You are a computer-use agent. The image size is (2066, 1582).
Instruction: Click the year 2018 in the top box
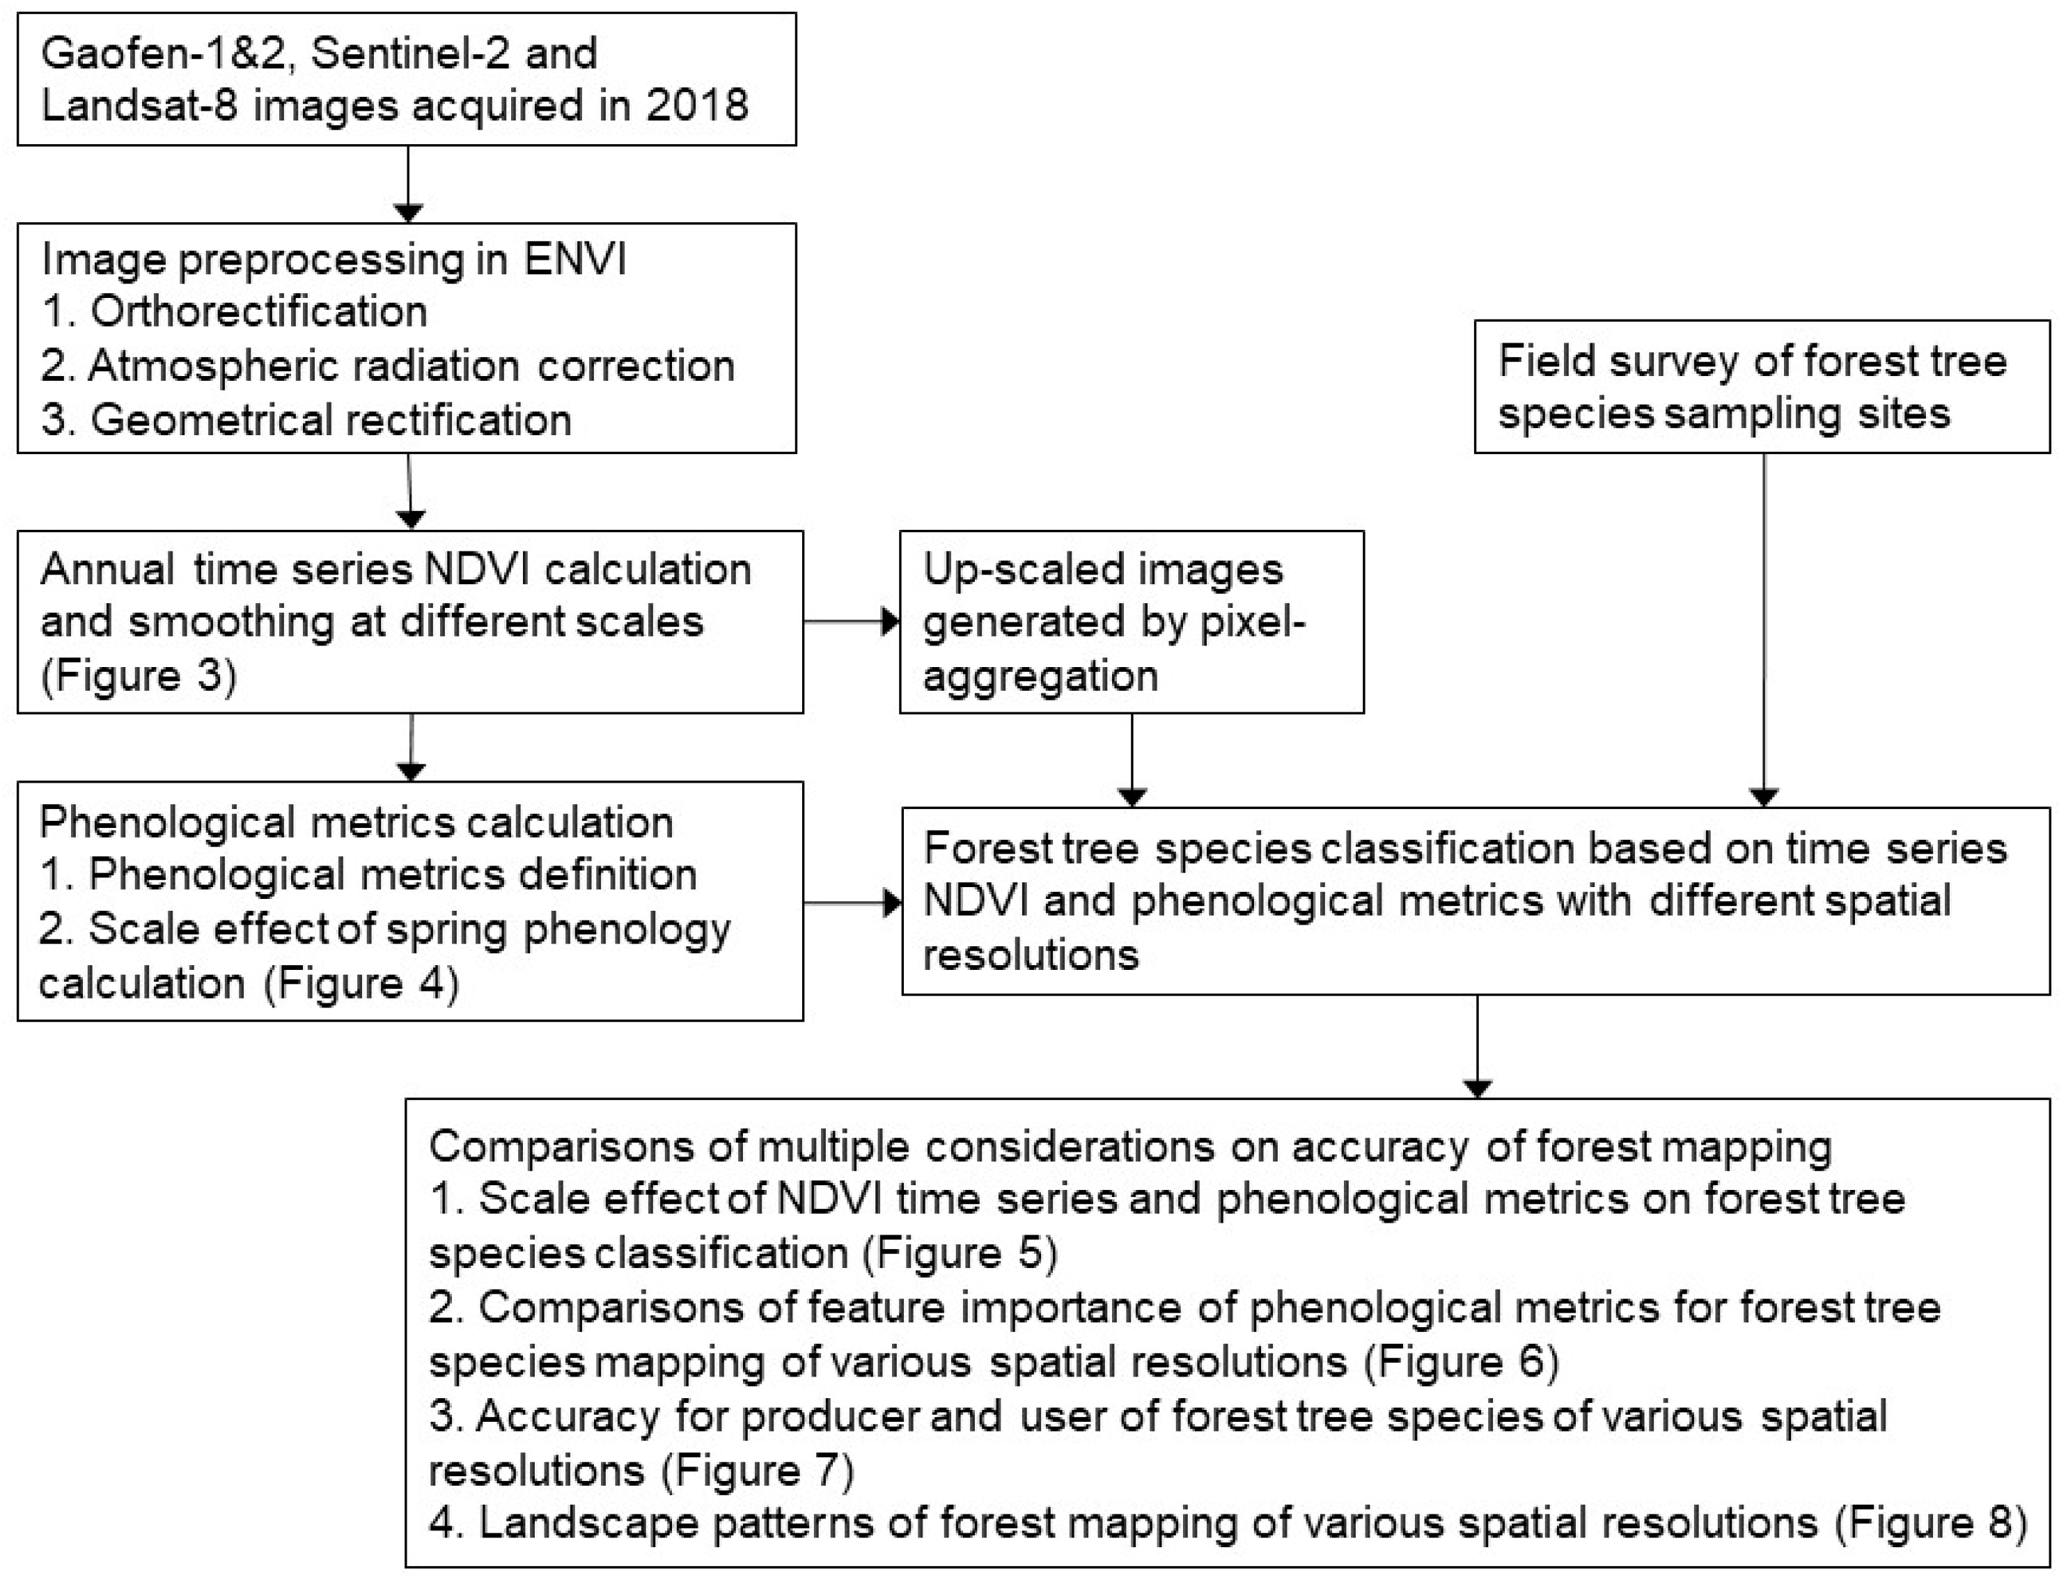point(697,105)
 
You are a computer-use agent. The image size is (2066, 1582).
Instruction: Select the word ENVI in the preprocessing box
point(574,259)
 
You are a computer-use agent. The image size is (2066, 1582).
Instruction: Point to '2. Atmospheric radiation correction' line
point(388,366)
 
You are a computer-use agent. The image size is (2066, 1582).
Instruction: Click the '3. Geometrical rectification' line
point(307,420)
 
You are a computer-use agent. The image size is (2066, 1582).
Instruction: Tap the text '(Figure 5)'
point(960,1253)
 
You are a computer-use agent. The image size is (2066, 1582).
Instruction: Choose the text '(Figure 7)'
point(756,1471)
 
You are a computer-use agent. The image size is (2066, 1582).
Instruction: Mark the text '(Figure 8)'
point(1930,1524)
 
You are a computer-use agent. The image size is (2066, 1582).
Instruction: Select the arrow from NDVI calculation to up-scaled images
point(850,622)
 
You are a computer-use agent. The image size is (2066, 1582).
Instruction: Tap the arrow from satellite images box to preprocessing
point(408,184)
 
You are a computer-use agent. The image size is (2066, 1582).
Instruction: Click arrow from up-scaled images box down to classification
point(1131,759)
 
